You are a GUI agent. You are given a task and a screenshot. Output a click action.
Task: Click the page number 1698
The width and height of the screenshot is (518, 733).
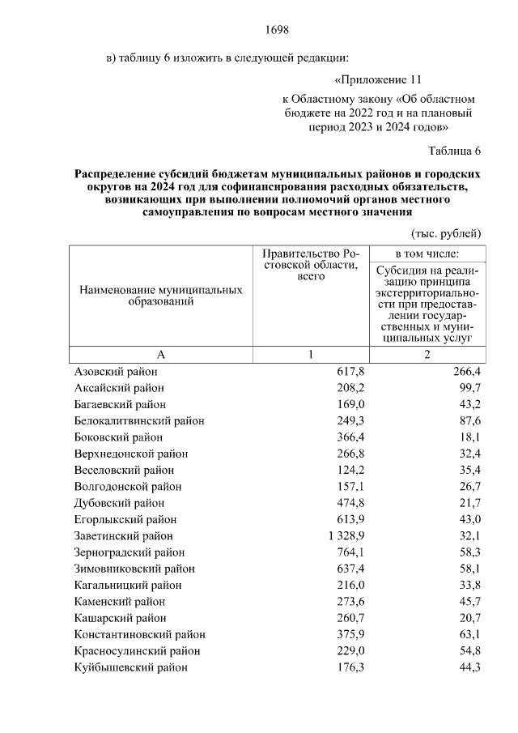click(277, 31)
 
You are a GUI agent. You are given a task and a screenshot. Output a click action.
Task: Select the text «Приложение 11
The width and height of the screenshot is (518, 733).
click(378, 81)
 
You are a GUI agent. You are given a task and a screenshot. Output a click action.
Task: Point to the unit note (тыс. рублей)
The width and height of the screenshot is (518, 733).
click(447, 233)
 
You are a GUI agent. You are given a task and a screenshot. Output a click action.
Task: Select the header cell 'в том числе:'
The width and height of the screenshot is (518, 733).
click(426, 254)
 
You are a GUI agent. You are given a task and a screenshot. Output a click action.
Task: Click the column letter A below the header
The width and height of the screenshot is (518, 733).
click(160, 354)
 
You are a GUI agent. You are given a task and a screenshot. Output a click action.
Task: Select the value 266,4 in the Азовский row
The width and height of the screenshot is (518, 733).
click(466, 371)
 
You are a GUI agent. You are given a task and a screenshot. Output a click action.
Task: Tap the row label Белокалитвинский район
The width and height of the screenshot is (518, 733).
click(139, 420)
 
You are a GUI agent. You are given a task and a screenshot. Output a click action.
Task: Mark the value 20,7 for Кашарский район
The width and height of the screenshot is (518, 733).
click(469, 618)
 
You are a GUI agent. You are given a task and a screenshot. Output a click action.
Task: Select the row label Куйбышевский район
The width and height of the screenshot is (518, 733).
click(130, 667)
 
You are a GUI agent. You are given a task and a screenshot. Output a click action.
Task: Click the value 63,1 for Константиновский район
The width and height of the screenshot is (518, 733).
click(469, 635)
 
